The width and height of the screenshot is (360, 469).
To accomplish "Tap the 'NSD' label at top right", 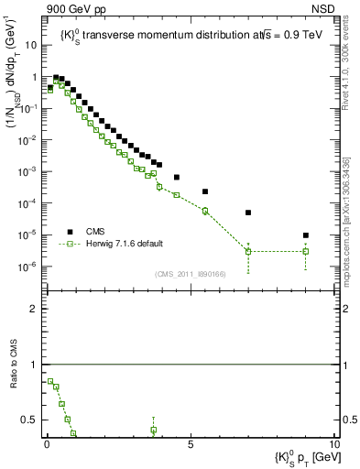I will tap(324, 7).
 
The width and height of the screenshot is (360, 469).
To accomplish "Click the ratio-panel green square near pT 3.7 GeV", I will tap(154, 430).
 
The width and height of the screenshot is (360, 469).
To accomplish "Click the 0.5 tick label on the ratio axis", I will tap(30, 420).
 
